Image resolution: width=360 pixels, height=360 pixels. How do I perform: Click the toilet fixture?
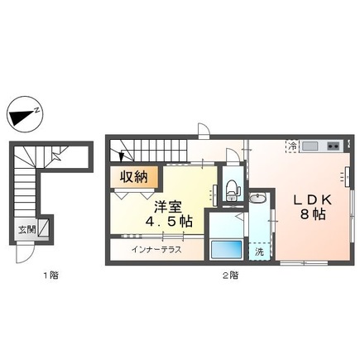tap(232, 189)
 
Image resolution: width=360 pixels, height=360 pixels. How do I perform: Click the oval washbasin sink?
tap(258, 199)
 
